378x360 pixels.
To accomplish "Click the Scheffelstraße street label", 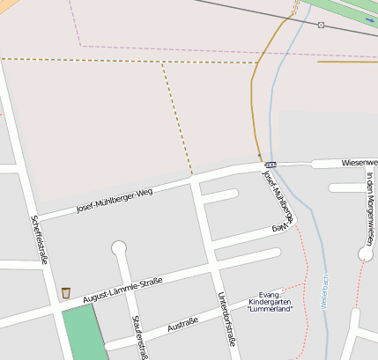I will point(39,239).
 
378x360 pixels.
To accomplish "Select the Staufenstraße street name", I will point(137,338).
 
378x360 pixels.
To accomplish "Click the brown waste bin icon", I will point(65,292).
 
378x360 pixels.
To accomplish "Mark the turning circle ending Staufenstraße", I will point(119,249).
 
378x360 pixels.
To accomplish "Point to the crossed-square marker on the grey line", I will point(321,25).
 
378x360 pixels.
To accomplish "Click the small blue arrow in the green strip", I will point(368,20).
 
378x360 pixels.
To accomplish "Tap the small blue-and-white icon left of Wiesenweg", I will point(270,164).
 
